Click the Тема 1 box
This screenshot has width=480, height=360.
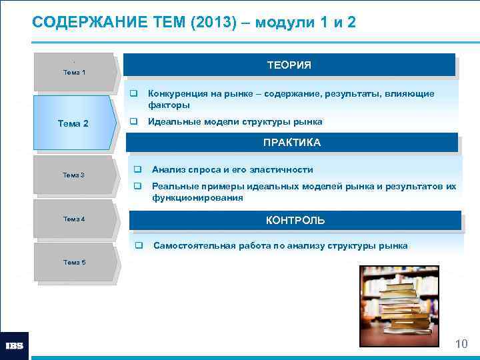[73, 72]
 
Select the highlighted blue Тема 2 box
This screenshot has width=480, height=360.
[73, 123]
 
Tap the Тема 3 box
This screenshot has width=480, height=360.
[73, 175]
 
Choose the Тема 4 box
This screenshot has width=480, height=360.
[73, 219]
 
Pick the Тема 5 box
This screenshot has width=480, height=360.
[73, 263]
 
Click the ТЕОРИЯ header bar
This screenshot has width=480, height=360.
[289, 65]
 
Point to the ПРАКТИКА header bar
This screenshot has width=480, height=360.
[291, 143]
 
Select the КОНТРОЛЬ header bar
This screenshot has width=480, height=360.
[295, 220]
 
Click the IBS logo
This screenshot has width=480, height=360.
[15, 346]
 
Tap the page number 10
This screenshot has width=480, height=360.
[461, 344]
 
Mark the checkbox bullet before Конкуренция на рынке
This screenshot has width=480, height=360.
[133, 94]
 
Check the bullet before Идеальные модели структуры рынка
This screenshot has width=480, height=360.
[133, 122]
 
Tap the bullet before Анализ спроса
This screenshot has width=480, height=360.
[138, 169]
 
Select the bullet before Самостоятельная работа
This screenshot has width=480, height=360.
[139, 245]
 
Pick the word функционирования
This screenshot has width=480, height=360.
[197, 198]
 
